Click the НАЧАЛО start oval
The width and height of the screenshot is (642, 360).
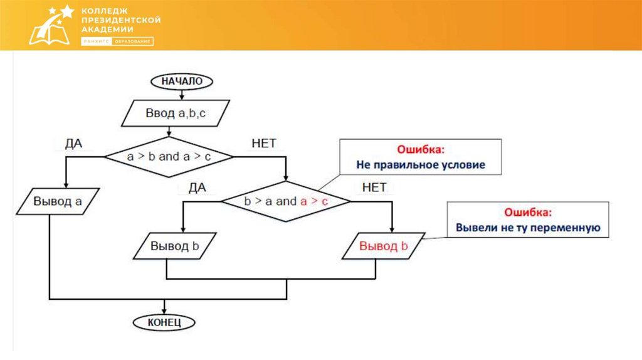tap(182, 81)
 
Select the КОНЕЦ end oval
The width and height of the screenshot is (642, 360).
tap(164, 322)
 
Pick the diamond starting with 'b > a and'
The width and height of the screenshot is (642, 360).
tap(286, 201)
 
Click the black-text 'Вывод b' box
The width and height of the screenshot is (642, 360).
tap(175, 246)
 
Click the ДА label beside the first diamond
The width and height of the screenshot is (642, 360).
tap(74, 143)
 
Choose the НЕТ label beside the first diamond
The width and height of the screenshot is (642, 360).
tap(263, 143)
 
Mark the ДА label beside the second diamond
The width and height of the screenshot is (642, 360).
tap(197, 188)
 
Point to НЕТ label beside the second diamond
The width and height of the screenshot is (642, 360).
tap(374, 188)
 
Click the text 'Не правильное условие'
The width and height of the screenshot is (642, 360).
tap(421, 166)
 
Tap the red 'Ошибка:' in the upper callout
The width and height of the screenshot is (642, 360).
tap(421, 151)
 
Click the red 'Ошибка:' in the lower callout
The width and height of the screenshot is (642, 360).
tap(529, 213)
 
